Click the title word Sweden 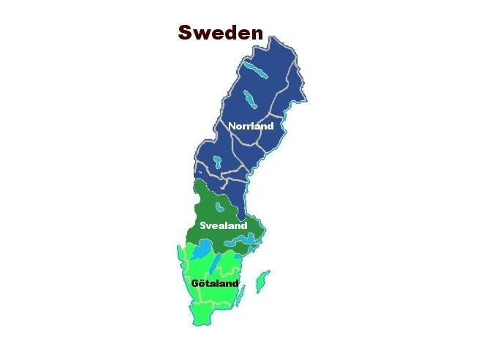point(221,32)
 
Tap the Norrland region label point(251,126)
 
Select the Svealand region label point(224,225)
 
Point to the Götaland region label point(214,283)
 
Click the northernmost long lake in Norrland point(255,70)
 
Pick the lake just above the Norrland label point(250,99)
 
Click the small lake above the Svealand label point(219,209)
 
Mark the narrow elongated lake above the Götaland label point(217,263)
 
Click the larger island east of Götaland point(262,279)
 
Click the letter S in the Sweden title point(186,32)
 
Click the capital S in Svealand point(203,225)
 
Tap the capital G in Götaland point(194,283)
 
